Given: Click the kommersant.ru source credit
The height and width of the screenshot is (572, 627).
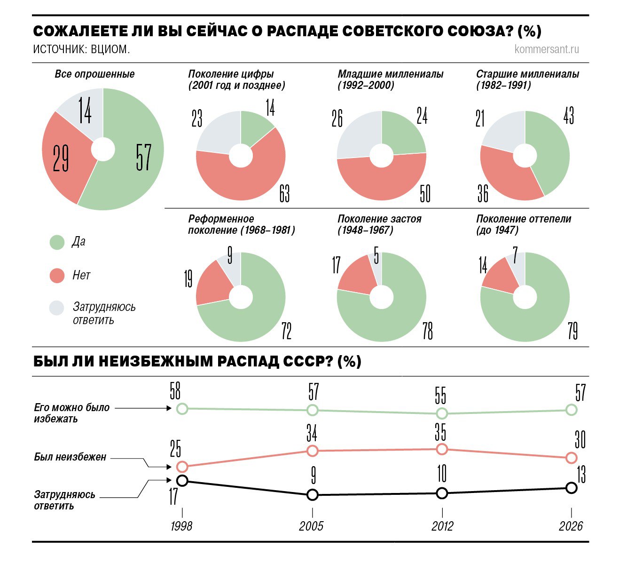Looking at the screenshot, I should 547,49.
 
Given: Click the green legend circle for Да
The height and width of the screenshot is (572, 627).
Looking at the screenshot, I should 57,242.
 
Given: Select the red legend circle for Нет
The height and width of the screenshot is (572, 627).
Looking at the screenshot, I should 57,275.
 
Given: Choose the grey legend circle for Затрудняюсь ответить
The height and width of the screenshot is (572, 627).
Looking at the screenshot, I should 57,308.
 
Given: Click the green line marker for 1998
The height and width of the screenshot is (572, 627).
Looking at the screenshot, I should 182,408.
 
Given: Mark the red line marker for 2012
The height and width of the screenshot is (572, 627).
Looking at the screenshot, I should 442,449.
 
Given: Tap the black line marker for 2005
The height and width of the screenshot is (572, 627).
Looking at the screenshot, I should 313,494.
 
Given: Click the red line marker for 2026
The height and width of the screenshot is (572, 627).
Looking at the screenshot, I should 572,457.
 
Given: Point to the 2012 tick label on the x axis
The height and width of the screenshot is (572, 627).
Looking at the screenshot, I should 442,526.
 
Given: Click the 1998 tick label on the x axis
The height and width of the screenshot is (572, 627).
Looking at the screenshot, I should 181,526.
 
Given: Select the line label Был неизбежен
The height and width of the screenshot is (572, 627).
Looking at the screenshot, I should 70,457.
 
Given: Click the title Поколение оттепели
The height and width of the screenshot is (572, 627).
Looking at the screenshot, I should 524,219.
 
